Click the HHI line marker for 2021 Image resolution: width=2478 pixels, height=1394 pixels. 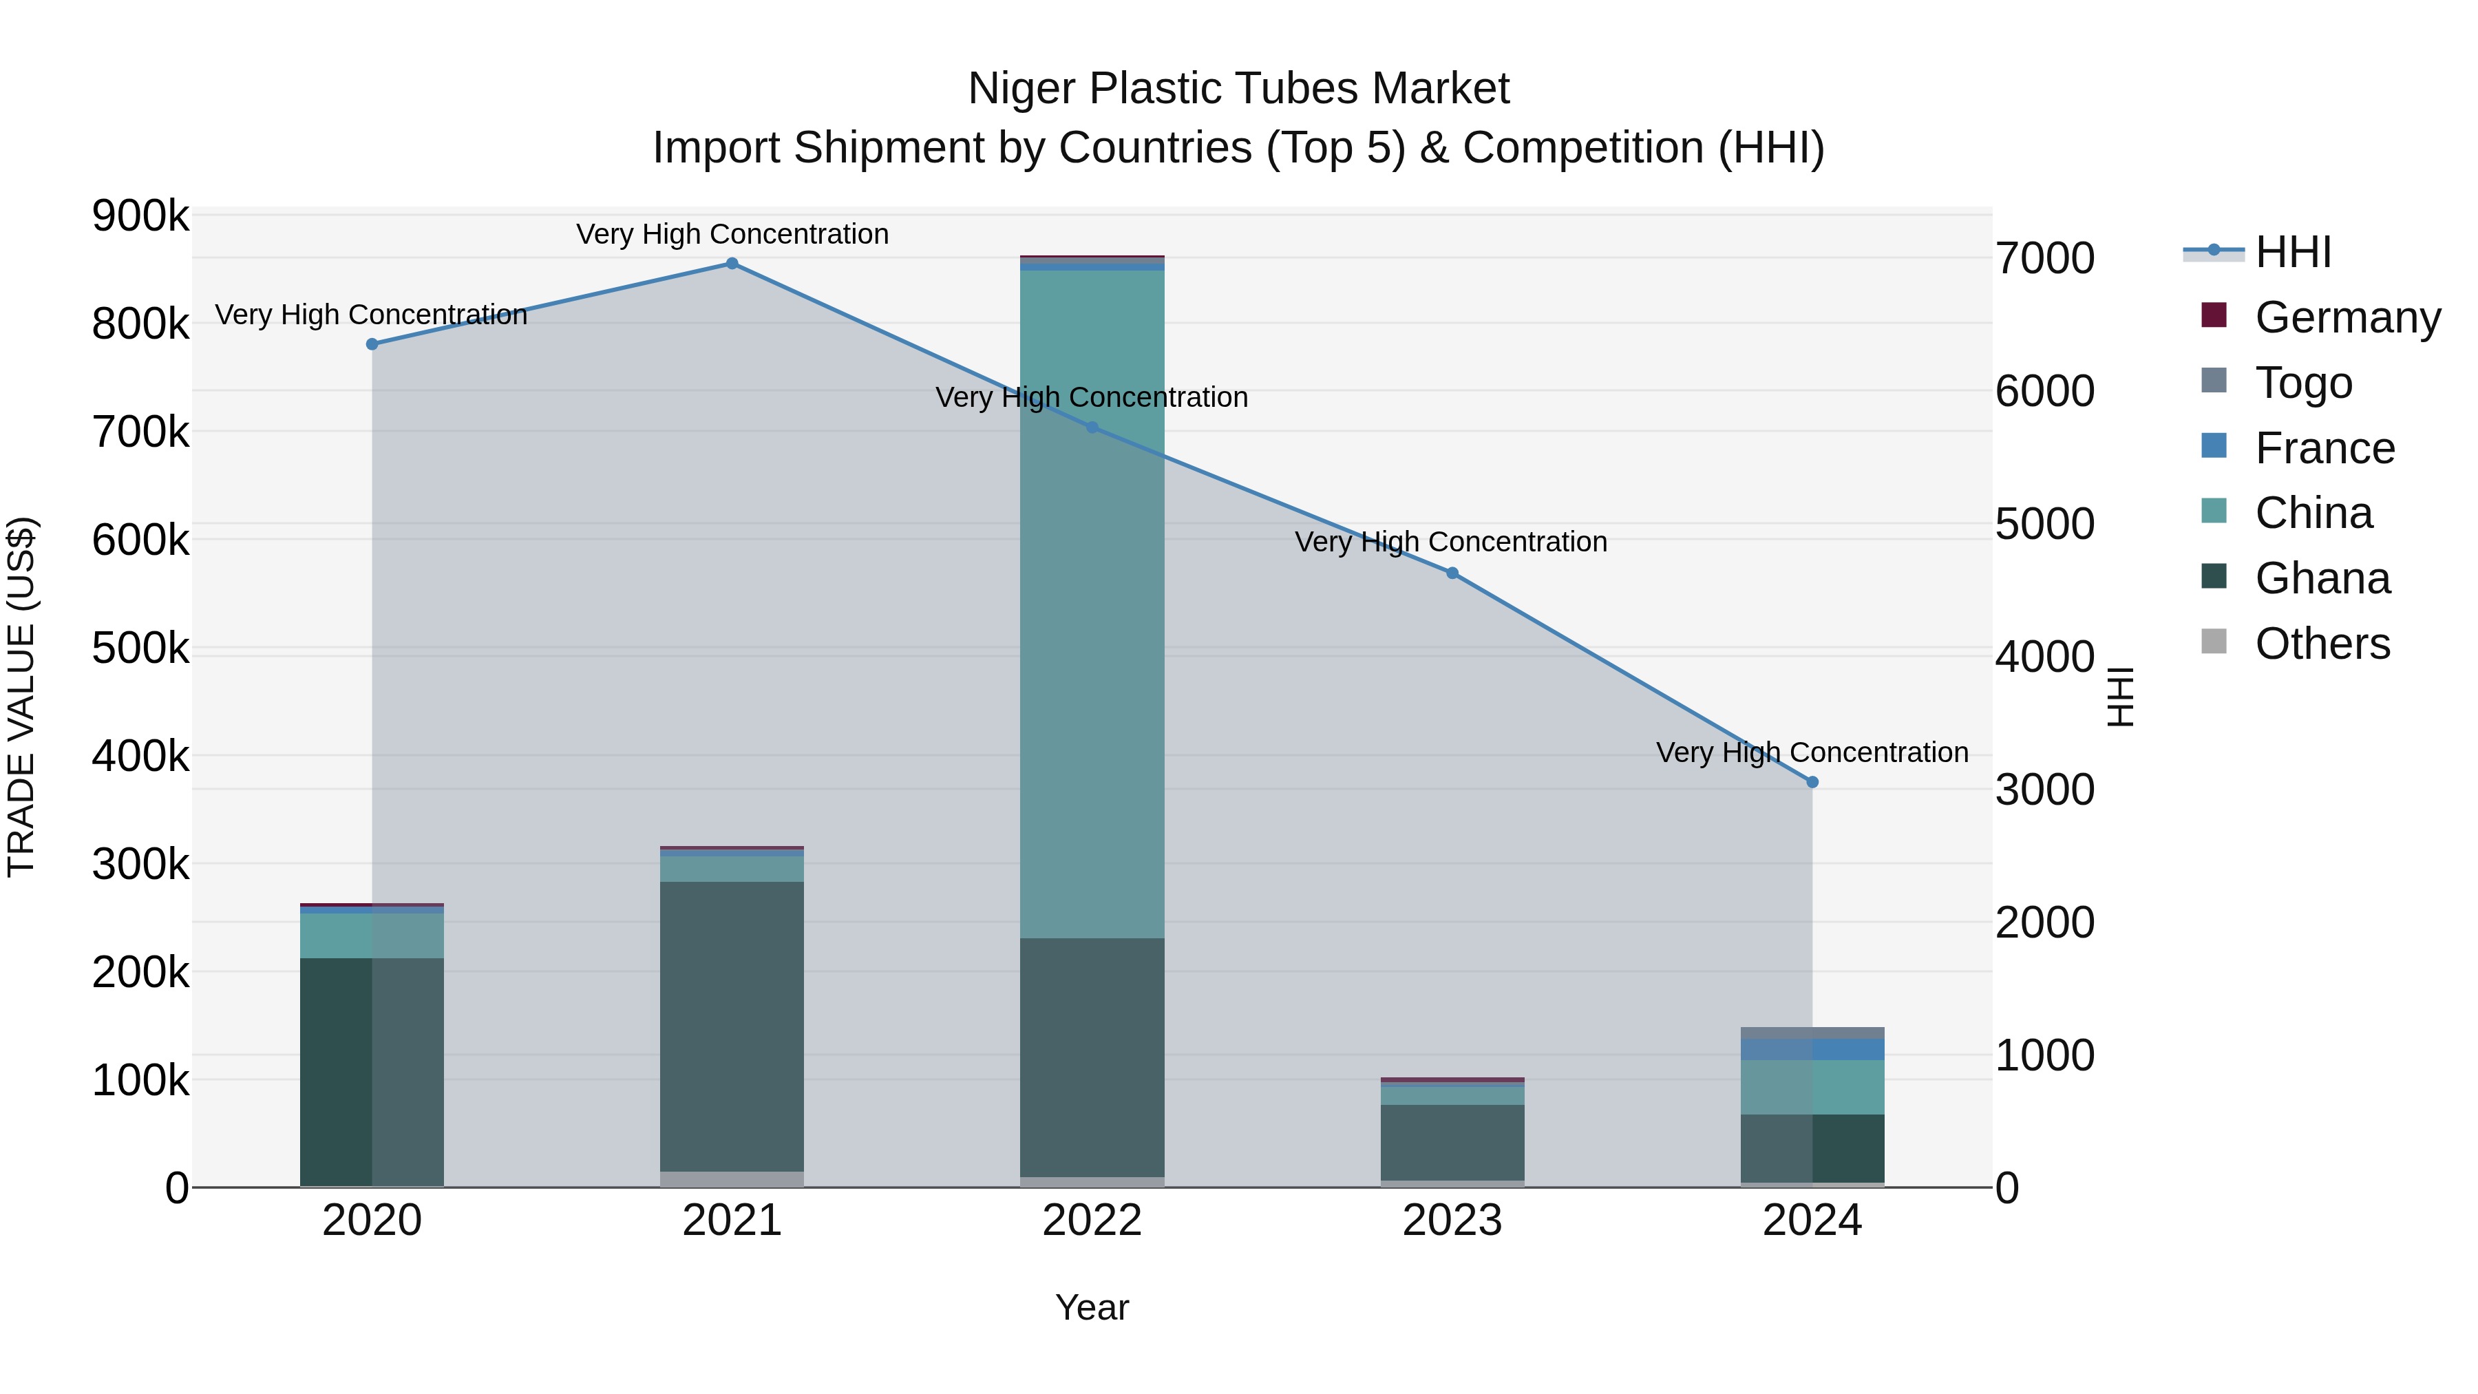pos(732,264)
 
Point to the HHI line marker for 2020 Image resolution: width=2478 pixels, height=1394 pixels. pos(372,344)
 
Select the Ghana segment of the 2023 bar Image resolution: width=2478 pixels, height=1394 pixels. pos(1452,1142)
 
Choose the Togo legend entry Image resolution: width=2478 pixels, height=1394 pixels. pos(2303,383)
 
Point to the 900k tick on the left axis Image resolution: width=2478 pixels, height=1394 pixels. pos(140,215)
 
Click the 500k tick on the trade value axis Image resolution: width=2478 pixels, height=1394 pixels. pos(140,648)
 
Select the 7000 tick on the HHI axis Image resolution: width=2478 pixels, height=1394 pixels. pos(2045,259)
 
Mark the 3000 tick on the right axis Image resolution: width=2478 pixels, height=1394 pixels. pos(2045,790)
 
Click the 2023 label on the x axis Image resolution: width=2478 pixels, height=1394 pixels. pos(1452,1221)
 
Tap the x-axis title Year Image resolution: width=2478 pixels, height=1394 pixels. pos(1092,1307)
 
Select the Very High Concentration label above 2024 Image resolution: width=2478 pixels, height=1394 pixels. pos(1812,752)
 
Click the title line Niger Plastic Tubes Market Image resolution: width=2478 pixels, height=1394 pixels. pos(1238,89)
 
